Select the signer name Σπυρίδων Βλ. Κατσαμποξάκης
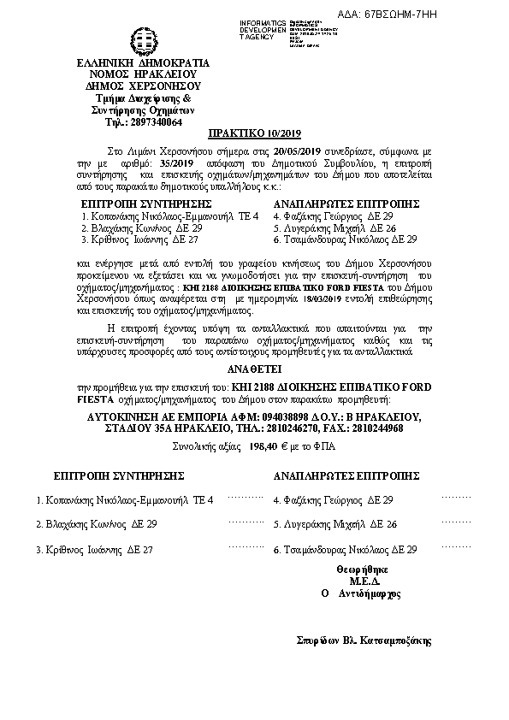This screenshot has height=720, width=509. click(364, 640)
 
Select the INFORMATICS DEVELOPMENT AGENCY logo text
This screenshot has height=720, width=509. click(264, 27)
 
